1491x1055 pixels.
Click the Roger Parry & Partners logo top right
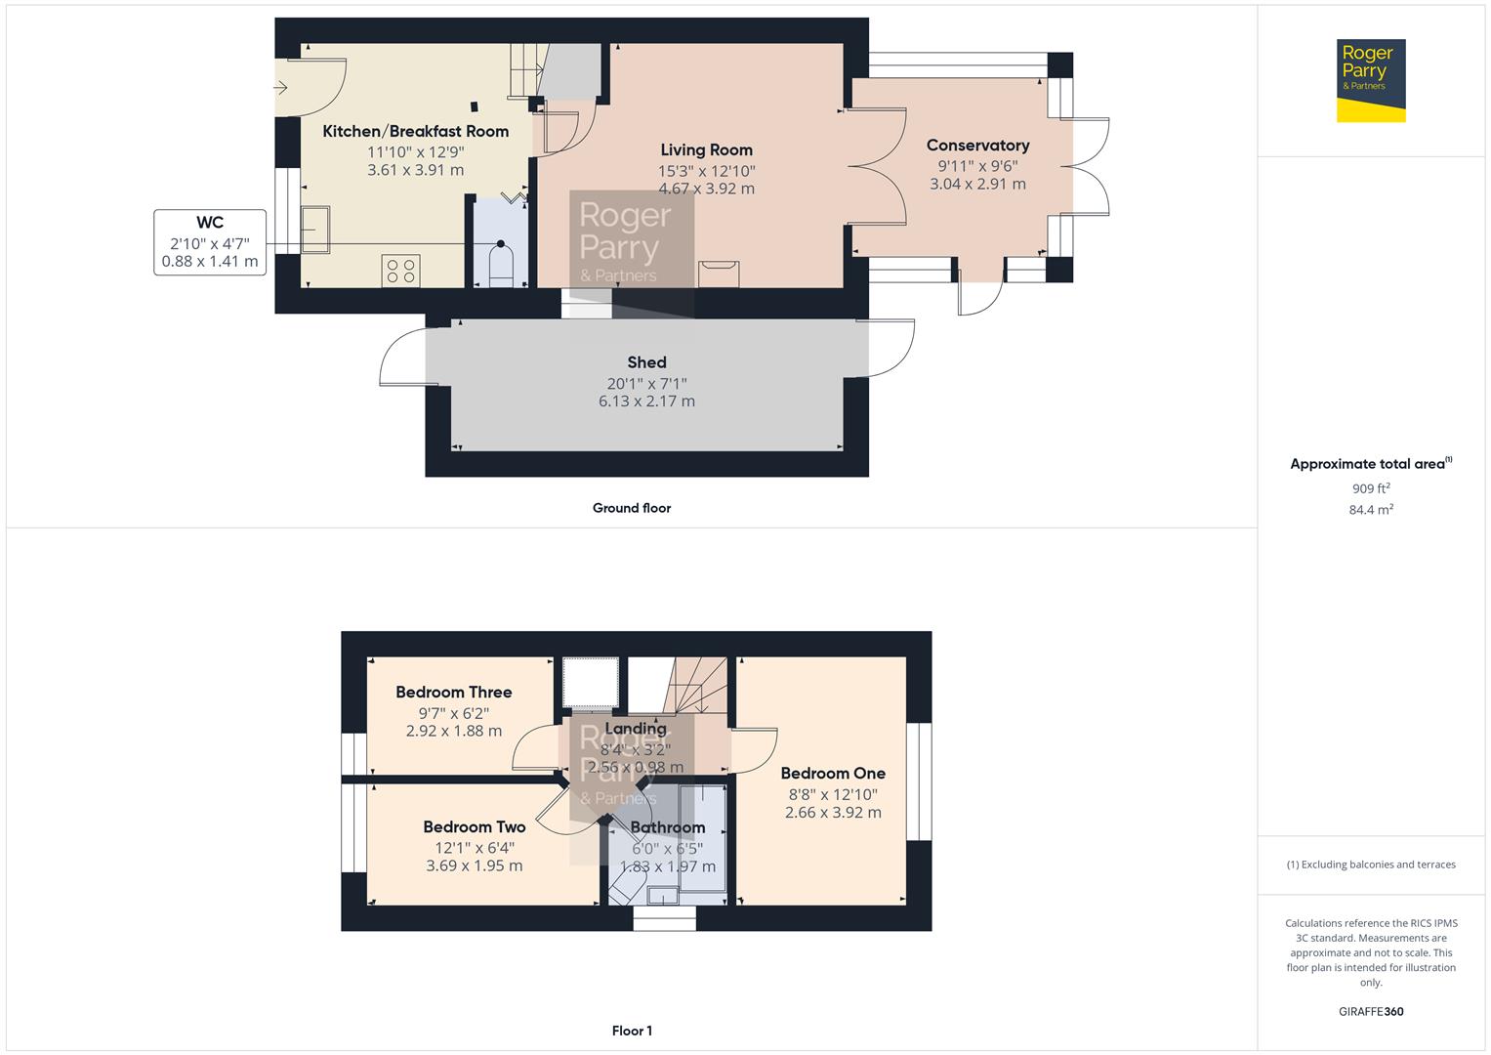point(1371,80)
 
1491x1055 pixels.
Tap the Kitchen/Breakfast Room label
point(415,131)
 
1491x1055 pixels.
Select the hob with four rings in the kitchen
point(400,271)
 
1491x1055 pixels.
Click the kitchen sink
point(314,230)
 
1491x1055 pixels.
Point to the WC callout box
point(210,242)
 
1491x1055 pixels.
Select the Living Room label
point(706,149)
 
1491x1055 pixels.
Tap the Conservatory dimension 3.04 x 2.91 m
point(977,184)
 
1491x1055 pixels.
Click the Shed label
point(646,362)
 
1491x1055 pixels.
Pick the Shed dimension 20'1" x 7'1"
point(646,384)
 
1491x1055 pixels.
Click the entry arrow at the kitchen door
point(281,87)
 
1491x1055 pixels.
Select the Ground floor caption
point(632,508)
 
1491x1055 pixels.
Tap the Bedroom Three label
point(454,692)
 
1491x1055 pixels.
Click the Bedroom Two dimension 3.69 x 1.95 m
point(474,865)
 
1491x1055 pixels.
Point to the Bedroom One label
point(833,774)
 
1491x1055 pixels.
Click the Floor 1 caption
point(632,1031)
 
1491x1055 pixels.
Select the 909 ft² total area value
point(1371,488)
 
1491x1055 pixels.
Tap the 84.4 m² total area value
point(1371,510)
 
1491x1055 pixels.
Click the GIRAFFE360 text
point(1371,1011)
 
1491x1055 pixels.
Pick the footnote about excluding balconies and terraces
point(1371,865)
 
